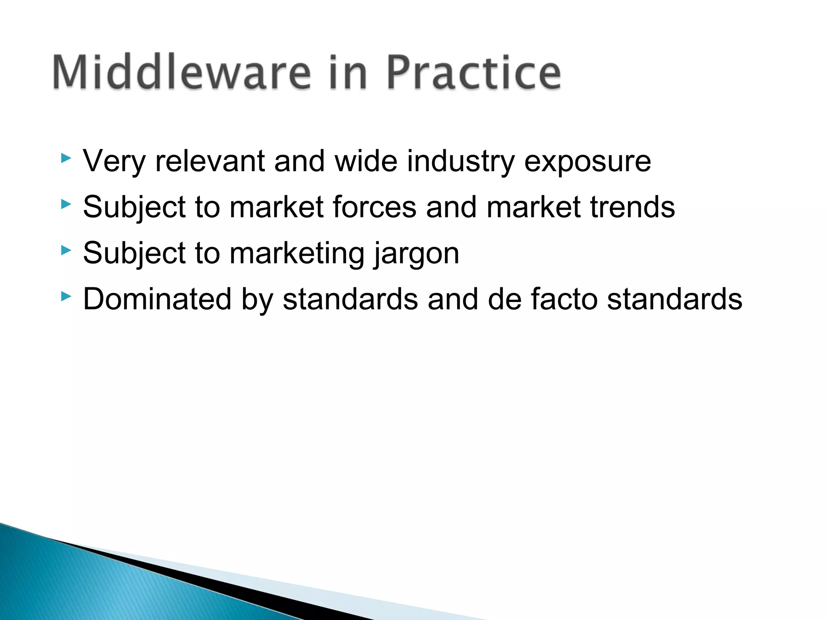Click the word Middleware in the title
(x=182, y=73)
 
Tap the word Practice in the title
(x=473, y=73)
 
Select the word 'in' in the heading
(x=347, y=73)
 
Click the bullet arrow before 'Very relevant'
(x=66, y=158)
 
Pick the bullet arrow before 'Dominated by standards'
(x=66, y=297)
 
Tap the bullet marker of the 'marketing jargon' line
(x=66, y=251)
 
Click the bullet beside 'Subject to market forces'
(x=66, y=204)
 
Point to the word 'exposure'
(x=587, y=161)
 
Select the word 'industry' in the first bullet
(x=461, y=161)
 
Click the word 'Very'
(x=114, y=161)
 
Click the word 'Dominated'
(x=157, y=300)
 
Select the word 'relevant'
(x=210, y=161)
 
